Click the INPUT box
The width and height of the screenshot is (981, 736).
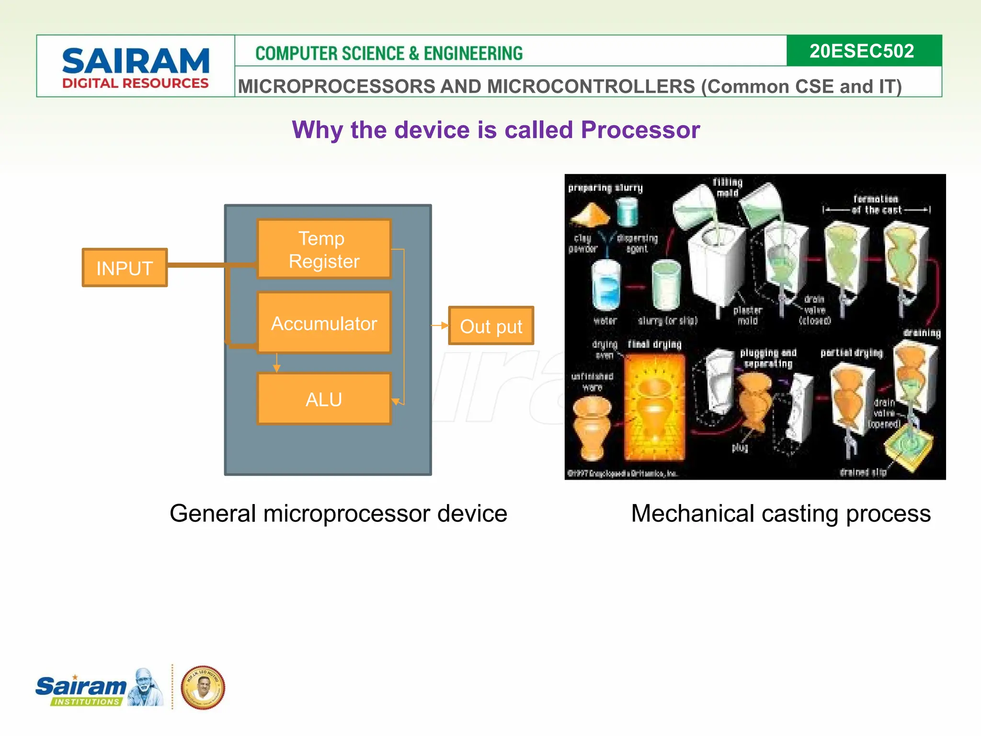[x=125, y=268]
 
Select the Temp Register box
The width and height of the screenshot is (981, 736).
[x=324, y=249]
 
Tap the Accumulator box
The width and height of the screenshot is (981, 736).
[x=324, y=323]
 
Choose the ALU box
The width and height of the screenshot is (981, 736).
[x=324, y=399]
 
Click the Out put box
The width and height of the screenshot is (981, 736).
[x=491, y=326]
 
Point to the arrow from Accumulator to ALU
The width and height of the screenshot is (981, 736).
[x=276, y=363]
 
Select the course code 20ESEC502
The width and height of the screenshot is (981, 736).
[x=862, y=51]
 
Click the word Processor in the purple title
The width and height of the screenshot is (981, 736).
[x=640, y=130]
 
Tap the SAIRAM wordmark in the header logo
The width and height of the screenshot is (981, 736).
[x=136, y=61]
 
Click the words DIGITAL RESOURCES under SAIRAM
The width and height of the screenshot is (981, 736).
[x=136, y=83]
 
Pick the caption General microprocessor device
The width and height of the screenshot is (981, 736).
[x=338, y=514]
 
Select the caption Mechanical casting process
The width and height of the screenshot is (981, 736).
[x=781, y=514]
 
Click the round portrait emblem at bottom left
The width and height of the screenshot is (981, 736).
[x=203, y=688]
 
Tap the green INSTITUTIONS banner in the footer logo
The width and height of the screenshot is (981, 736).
[x=87, y=701]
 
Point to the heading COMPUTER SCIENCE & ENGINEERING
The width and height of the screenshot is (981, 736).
[x=389, y=53]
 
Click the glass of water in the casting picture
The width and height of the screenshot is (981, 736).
[x=606, y=286]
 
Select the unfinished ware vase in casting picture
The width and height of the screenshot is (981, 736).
[x=593, y=428]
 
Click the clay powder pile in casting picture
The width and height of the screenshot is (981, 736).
[x=591, y=215]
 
